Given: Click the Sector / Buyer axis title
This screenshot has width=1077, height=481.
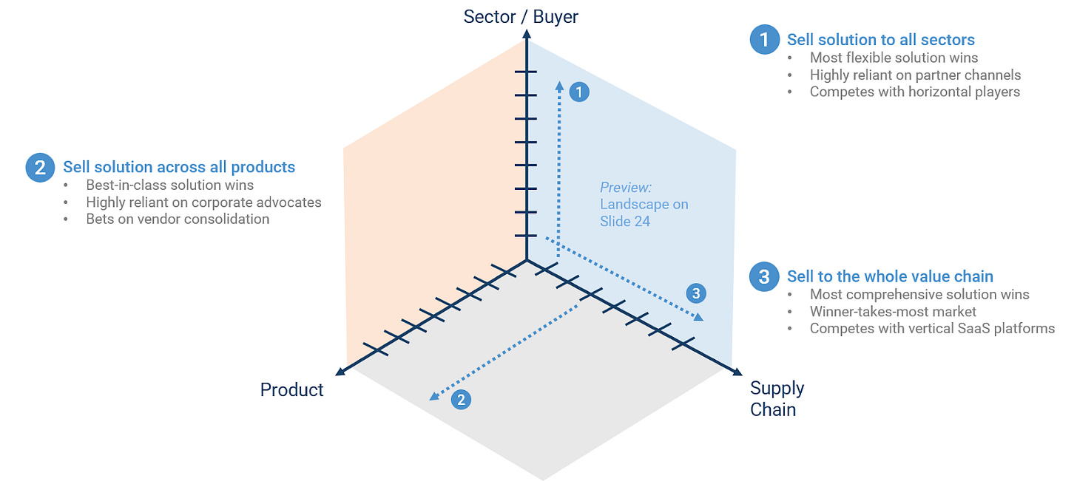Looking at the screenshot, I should tap(521, 16).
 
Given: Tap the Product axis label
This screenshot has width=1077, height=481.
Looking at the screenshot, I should tap(291, 389).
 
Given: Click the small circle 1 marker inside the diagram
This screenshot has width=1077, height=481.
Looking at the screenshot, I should tap(580, 92).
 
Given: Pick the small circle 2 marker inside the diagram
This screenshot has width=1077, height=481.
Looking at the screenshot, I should tap(461, 400).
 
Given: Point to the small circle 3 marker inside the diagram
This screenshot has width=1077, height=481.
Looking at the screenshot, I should tap(695, 293).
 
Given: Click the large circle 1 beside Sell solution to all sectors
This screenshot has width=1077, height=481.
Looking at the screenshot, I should tap(764, 39).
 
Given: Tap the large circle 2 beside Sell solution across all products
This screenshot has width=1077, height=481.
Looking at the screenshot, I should tap(39, 167).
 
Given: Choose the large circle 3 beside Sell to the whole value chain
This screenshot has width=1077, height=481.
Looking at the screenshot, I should tap(764, 276).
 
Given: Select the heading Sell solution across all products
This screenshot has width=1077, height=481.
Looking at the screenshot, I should tap(179, 167).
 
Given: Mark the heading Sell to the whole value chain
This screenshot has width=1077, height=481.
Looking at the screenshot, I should tap(889, 276).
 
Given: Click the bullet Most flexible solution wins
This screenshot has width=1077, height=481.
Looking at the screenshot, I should tap(894, 58).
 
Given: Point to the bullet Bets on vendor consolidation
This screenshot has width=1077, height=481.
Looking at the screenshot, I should tap(178, 219).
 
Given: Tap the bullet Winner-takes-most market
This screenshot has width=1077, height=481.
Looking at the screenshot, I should tap(893, 311).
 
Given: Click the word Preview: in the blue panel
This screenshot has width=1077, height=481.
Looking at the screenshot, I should tap(626, 187).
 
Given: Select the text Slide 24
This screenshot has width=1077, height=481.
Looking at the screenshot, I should tap(625, 221).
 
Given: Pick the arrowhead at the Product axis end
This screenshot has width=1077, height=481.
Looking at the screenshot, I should tap(341, 372).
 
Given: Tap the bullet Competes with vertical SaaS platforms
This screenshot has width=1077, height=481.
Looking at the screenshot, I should tap(932, 328).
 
